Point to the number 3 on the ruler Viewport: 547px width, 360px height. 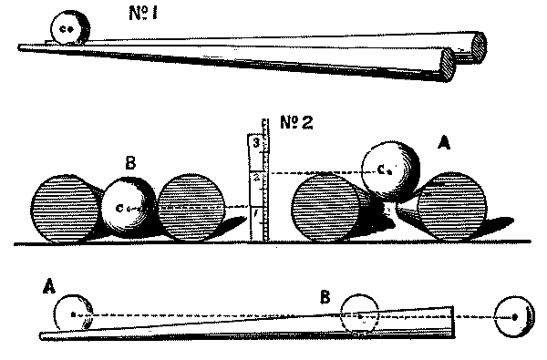pyautogui.click(x=257, y=144)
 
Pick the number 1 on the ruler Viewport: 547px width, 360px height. pyautogui.click(x=256, y=214)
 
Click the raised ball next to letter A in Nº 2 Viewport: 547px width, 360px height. pyautogui.click(x=389, y=169)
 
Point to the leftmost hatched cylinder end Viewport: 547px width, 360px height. pyautogui.click(x=65, y=208)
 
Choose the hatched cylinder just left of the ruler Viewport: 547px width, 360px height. pyautogui.click(x=191, y=207)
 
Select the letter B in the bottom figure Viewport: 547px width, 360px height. pyautogui.click(x=325, y=296)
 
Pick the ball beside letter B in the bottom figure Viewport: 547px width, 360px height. pyautogui.click(x=359, y=315)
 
